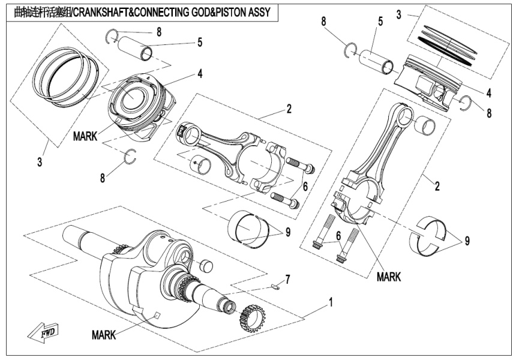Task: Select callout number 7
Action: pos(287,279)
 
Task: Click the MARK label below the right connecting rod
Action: pos(389,277)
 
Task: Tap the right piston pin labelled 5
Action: pos(376,61)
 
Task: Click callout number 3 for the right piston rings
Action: pos(399,13)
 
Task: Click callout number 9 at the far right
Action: pos(467,241)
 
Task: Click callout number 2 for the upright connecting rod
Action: pos(437,186)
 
